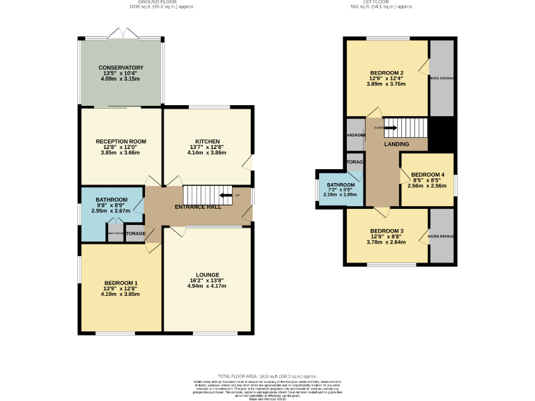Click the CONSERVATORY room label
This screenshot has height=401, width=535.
[121, 68]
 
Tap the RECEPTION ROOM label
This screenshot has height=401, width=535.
[121, 141]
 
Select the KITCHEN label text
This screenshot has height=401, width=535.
[207, 141]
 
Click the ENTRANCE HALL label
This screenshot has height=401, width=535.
[198, 207]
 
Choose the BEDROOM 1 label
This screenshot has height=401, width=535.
[121, 283]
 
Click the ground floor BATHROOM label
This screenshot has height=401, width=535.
[111, 200]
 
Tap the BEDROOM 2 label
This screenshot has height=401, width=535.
[387, 73]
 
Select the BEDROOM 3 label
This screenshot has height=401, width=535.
[387, 230]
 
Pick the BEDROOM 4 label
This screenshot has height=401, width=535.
[427, 175]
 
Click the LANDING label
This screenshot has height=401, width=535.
[396, 144]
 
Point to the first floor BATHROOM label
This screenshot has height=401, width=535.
[341, 184]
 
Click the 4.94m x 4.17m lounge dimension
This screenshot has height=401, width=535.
[207, 286]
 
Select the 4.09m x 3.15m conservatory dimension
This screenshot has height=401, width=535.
[121, 79]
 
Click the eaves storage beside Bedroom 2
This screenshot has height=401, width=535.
[442, 78]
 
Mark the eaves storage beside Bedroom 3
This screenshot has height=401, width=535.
[441, 237]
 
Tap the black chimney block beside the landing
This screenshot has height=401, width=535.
[442, 133]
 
